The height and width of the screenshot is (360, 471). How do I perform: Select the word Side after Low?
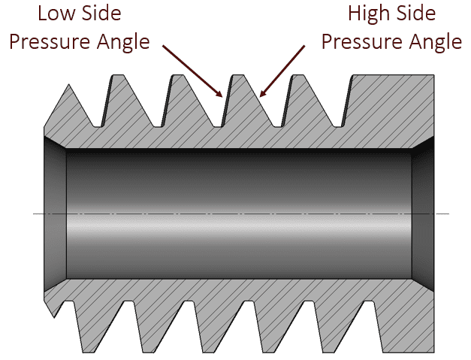[x=101, y=14]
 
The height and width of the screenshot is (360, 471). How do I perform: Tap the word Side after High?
[x=415, y=14]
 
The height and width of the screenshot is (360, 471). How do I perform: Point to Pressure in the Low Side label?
[x=47, y=41]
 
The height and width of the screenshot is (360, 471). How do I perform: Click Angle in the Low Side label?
[x=119, y=42]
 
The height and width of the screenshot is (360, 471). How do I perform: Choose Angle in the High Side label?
[x=431, y=42]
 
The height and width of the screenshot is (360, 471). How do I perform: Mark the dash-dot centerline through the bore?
[x=241, y=213]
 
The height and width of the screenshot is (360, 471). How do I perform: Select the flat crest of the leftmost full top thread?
[x=118, y=75]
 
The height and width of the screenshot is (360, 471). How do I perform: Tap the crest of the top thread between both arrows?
[x=238, y=75]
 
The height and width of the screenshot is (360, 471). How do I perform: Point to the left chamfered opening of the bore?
[x=56, y=213]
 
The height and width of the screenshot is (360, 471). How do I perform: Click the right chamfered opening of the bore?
[x=423, y=213]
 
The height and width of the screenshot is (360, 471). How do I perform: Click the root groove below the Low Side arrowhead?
[x=218, y=126]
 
